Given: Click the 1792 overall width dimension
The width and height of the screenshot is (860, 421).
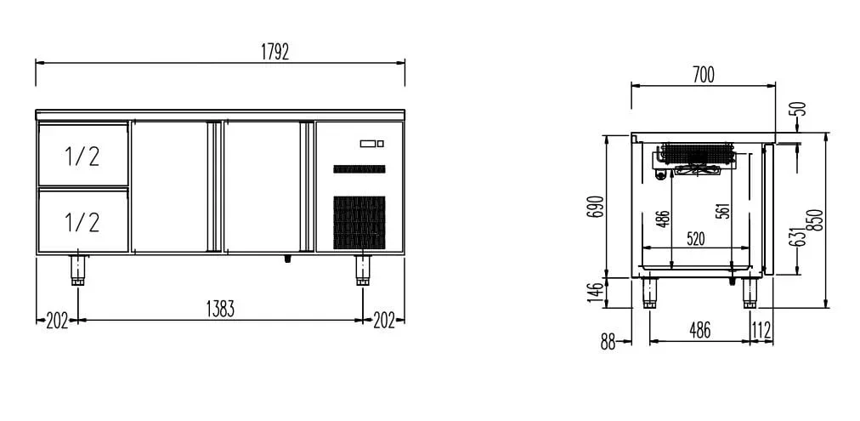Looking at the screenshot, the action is pos(274,52).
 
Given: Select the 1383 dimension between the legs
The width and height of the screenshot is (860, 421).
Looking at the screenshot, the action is pos(220,310).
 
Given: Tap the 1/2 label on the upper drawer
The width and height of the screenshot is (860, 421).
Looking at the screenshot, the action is pos(82,156).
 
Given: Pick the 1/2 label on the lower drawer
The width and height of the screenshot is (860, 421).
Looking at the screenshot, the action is pos(82,222).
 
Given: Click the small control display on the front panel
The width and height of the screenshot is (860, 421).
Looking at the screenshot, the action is pos(372,144).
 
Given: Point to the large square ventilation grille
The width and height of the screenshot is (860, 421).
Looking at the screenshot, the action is pos(359,222).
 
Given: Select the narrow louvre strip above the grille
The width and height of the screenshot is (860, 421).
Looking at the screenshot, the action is pos(359,169).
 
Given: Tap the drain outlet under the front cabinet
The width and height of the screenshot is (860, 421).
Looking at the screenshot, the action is pos(287,259).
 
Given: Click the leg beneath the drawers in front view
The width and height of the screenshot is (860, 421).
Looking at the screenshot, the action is pos(78,270).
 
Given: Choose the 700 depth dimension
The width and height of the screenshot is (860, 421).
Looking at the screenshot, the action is pos(704,75).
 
